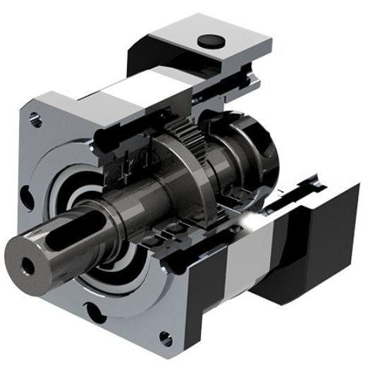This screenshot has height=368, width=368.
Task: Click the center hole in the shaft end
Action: coord(29,266)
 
